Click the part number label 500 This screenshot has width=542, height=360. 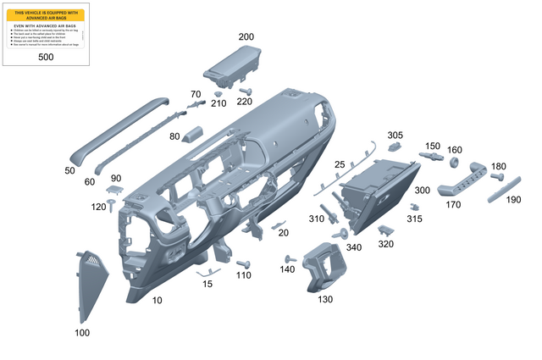tap(46, 57)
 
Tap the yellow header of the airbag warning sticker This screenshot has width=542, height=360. tap(46, 14)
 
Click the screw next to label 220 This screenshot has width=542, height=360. tap(246, 91)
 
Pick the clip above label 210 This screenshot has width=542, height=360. tap(218, 93)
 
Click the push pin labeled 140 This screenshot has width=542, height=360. tap(290, 258)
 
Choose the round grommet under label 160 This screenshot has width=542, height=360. tap(454, 162)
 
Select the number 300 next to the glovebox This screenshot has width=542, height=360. tap(422, 191)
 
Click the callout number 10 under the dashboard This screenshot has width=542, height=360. tap(157, 301)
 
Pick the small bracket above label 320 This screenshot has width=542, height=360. tap(385, 230)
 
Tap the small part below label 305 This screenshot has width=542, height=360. tap(394, 147)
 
